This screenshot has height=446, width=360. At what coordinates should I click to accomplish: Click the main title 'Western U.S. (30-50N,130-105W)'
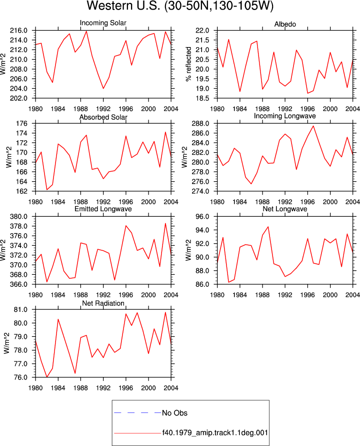180,6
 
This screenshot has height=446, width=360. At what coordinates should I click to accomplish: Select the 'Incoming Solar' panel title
103,23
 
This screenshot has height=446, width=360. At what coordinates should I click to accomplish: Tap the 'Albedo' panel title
285,24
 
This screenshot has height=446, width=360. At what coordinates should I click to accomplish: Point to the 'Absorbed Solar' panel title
103,117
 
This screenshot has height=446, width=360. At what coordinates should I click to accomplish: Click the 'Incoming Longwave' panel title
284,116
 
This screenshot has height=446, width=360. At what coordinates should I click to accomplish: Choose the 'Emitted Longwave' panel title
103,209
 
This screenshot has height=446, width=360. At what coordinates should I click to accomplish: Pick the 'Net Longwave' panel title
284,209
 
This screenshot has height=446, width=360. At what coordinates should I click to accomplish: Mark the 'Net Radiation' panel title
103,303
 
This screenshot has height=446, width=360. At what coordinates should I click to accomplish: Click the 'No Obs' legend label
174,413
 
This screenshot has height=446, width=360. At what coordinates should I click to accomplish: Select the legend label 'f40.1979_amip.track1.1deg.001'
215,433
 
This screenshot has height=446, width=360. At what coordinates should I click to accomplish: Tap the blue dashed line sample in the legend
137,413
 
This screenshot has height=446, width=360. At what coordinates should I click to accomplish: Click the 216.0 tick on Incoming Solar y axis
19,31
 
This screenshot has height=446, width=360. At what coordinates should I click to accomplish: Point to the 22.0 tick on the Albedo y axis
202,31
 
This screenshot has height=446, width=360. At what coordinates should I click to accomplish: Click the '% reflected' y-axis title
188,64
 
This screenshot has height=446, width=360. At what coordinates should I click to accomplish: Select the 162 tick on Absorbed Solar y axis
22,191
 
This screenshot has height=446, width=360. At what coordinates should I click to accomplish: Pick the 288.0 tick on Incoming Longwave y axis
200,124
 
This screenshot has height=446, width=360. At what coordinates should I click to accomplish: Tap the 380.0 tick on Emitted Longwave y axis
19,216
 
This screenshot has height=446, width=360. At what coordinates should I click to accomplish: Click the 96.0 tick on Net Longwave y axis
202,216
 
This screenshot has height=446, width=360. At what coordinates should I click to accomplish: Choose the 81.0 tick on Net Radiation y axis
20,309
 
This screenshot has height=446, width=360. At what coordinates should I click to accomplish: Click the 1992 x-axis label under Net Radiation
103,388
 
